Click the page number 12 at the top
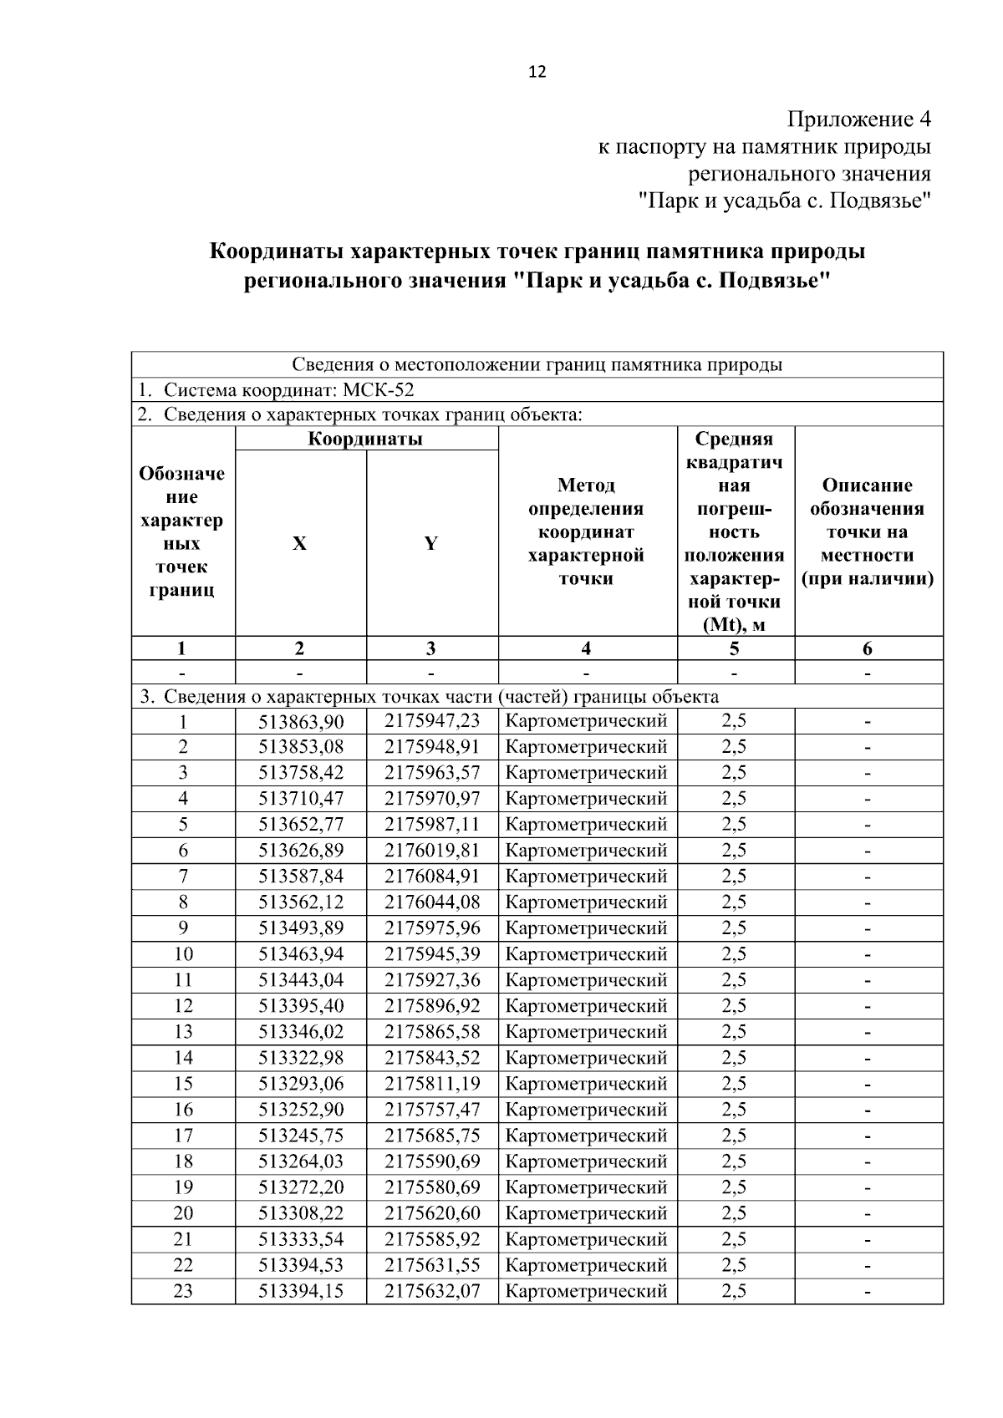pos(537,72)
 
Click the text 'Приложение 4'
pos(859,119)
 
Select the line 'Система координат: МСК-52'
pos(288,390)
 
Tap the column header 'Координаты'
pos(366,439)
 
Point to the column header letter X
pos(299,544)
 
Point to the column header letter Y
pos(431,544)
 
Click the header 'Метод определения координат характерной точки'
pos(587,532)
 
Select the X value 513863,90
pos(301,721)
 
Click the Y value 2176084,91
pos(432,877)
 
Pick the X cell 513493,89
pos(301,928)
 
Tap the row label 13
pos(183,1032)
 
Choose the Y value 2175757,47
pos(432,1110)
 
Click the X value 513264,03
pos(301,1161)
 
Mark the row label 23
pos(183,1291)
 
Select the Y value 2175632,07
pos(432,1291)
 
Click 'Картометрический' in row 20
pos(587,1213)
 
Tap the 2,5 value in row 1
pos(734,721)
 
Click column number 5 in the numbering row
pos(734,648)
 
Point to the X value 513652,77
pos(301,825)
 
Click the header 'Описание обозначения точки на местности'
pos(868,532)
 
